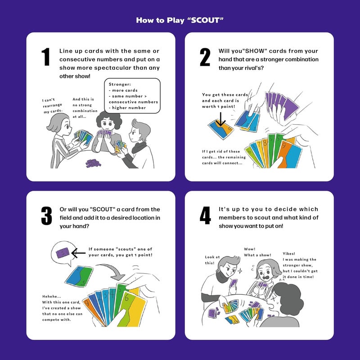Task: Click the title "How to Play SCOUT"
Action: pos(180,20)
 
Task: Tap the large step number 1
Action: pos(46,57)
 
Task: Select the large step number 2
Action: pos(205,57)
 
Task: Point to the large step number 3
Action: pos(46,216)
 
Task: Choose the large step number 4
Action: pos(205,216)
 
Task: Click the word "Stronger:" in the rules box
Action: pos(120,84)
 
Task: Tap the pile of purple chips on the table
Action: pos(93,163)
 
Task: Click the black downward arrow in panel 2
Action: pos(220,119)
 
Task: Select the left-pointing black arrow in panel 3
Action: pos(78,253)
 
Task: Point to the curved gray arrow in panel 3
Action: pos(112,269)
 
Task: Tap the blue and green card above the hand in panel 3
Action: pos(79,276)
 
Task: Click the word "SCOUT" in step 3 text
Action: pos(103,209)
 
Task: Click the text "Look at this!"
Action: pos(212,260)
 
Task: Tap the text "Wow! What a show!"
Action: pos(257,252)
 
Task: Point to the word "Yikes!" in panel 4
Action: pos(289,253)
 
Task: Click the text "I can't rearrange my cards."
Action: pos(52,106)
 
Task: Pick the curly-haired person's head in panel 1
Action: pos(109,120)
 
